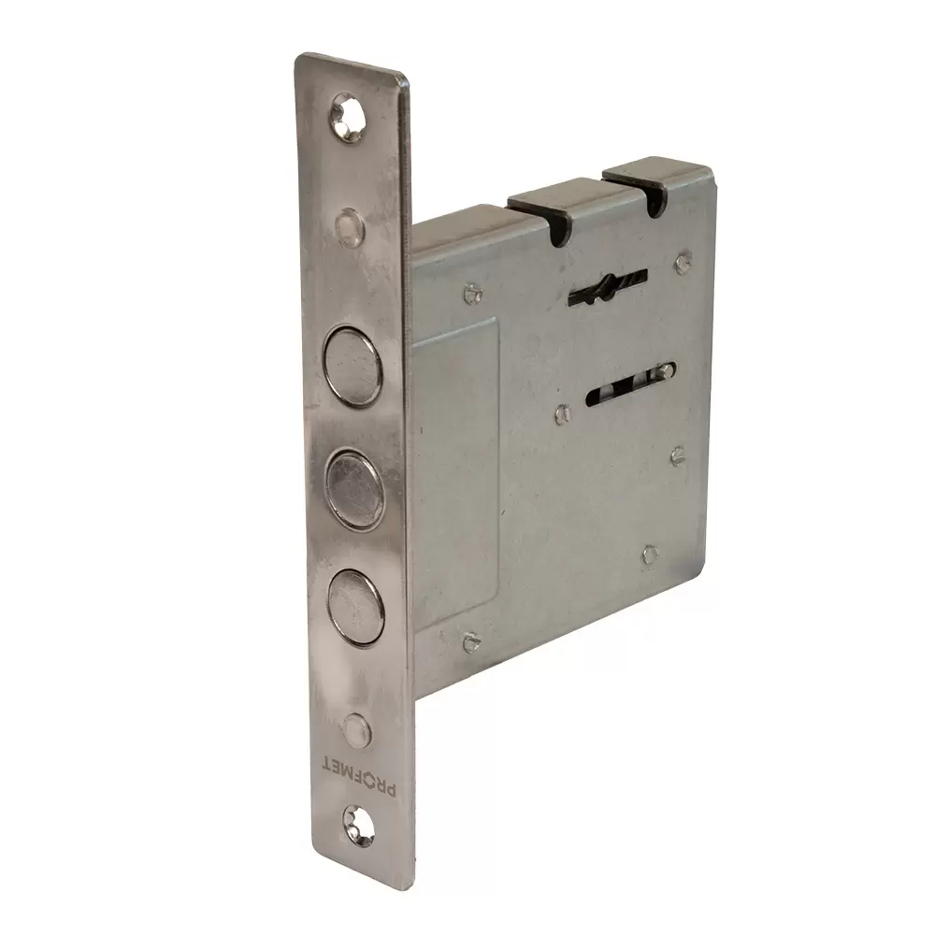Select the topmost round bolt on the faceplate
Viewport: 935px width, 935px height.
coord(352,366)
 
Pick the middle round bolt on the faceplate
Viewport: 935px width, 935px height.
coord(354,490)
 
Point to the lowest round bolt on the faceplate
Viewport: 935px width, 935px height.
coord(356,607)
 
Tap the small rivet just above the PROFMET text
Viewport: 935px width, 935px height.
coord(357,730)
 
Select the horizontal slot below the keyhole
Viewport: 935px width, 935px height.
coord(631,384)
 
